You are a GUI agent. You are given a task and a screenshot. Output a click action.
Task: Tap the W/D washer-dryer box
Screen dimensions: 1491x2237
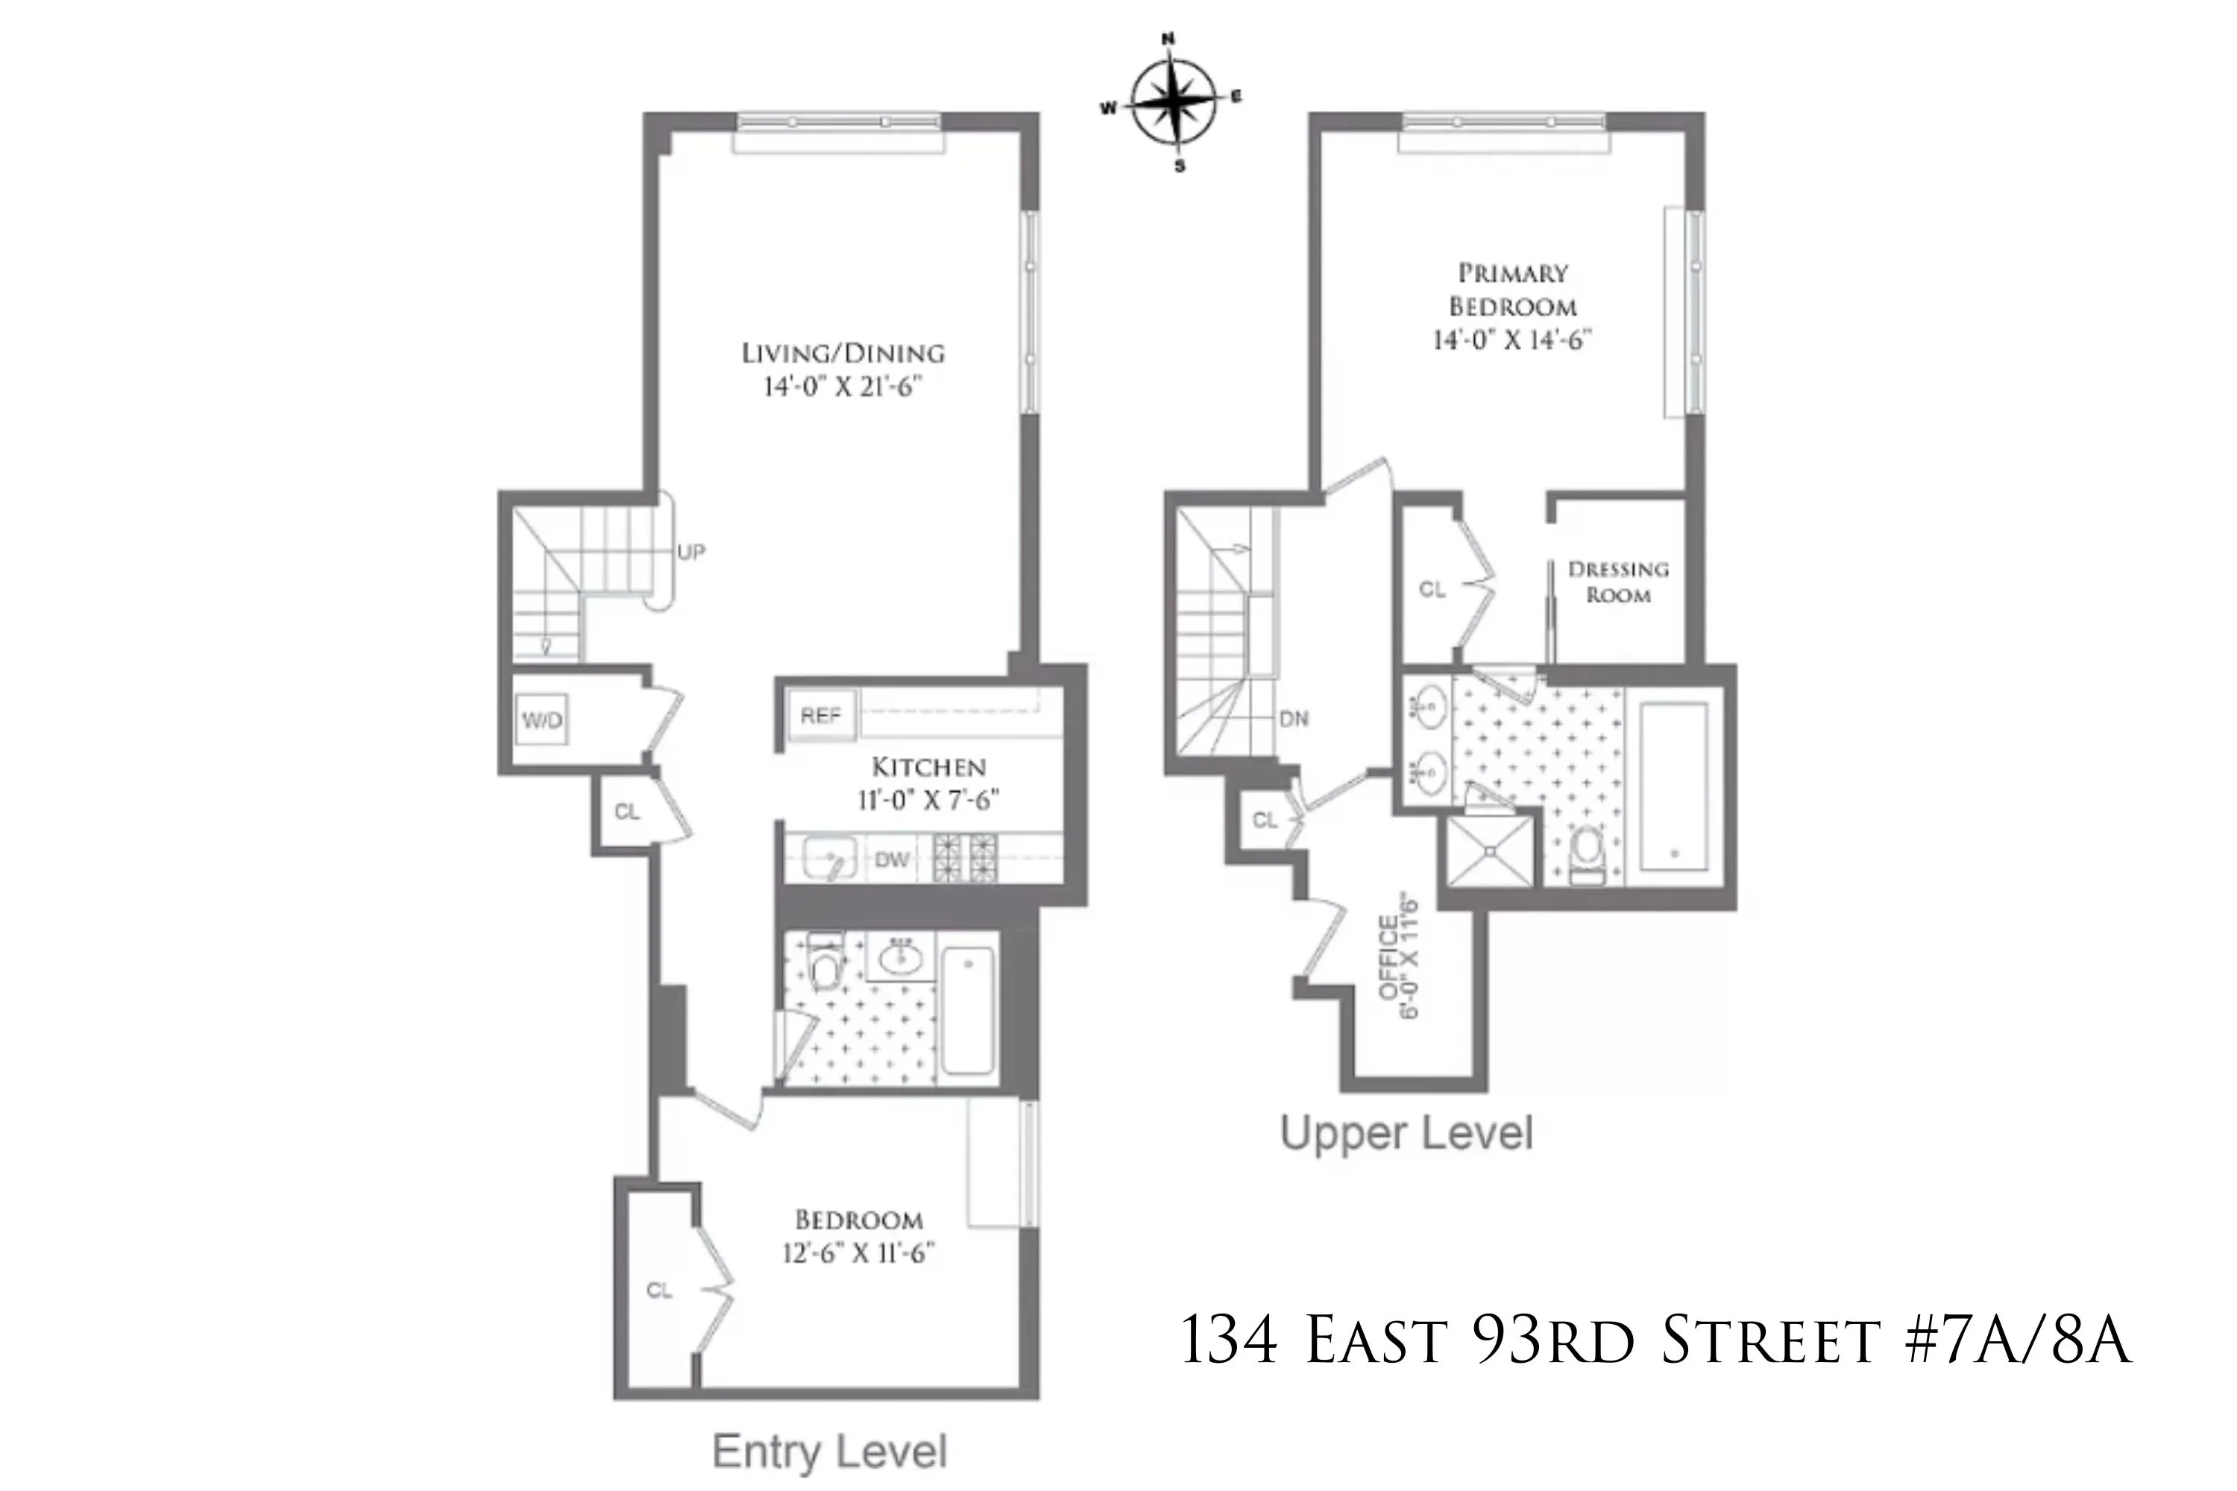542,720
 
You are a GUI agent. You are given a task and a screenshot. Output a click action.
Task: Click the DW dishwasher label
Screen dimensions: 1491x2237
892,860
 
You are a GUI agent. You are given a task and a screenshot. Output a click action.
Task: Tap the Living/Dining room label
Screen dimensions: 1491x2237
843,353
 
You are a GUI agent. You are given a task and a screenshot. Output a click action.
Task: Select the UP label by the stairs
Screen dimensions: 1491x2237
691,552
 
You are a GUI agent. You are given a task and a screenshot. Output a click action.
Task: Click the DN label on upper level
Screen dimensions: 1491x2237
1294,719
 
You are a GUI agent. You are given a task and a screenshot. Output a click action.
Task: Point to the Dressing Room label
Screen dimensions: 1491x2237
1618,582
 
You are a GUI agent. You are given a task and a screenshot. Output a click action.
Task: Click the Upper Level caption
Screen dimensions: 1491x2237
1406,1132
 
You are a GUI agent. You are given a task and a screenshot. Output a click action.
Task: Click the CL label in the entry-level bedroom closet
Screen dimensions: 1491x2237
659,1290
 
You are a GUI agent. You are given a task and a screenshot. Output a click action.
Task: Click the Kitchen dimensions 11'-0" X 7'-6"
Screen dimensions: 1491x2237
928,800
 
